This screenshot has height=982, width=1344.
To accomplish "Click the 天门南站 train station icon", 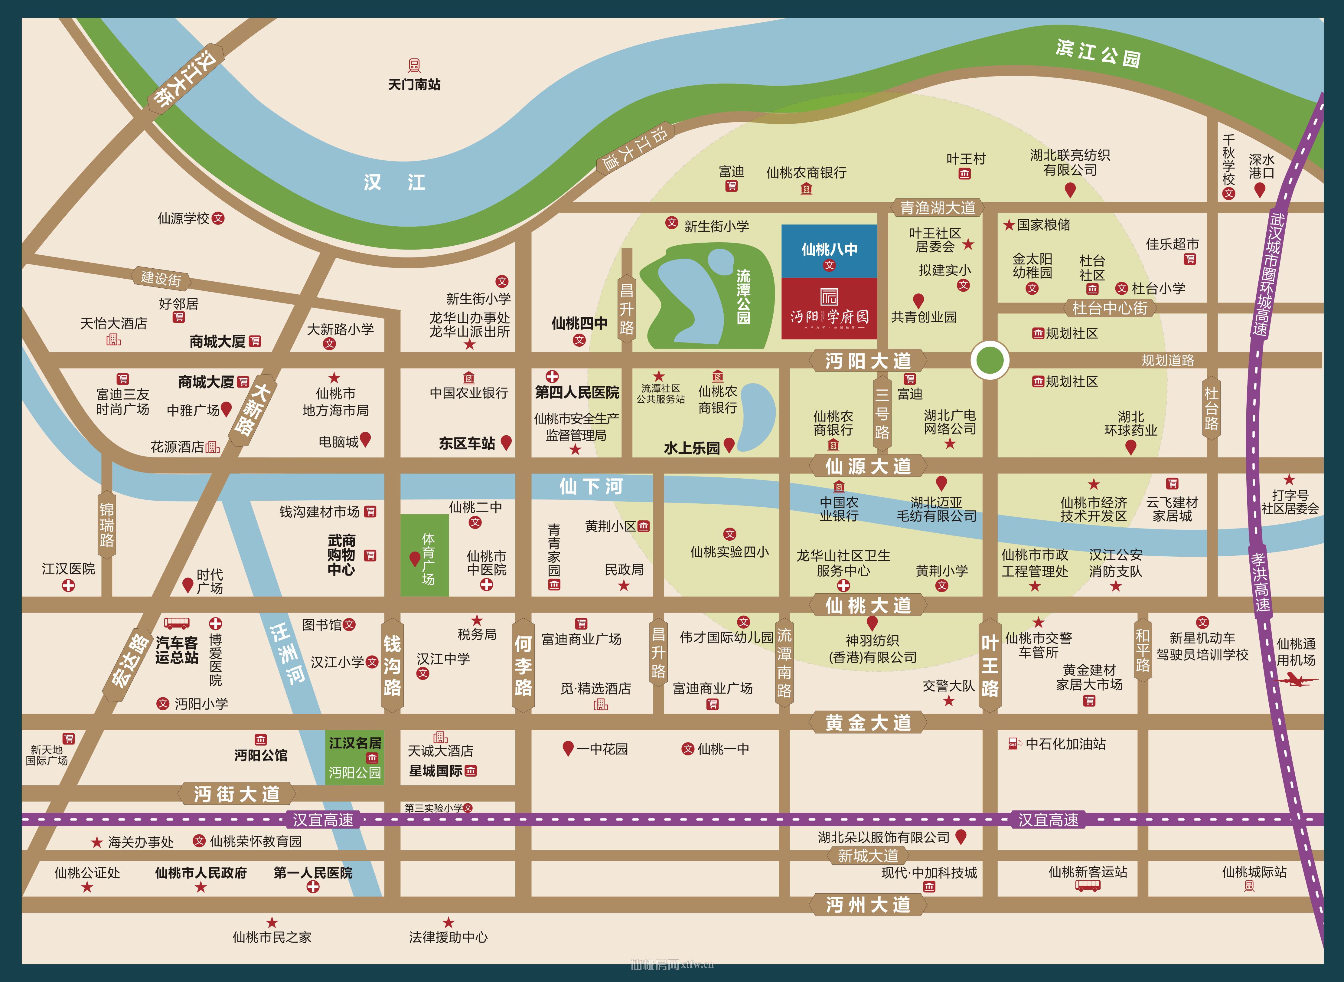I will pyautogui.click(x=414, y=65).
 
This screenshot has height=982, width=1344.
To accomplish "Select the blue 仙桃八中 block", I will pyautogui.click(x=829, y=251).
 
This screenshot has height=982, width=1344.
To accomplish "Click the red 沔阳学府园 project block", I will pyautogui.click(x=829, y=308).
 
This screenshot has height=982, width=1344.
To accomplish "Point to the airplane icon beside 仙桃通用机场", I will pyautogui.click(x=1295, y=679).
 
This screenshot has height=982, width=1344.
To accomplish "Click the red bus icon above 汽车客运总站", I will pyautogui.click(x=176, y=623).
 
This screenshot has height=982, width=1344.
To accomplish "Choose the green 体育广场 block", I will pyautogui.click(x=424, y=555).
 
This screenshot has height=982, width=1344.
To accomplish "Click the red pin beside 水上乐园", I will pyautogui.click(x=729, y=445).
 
